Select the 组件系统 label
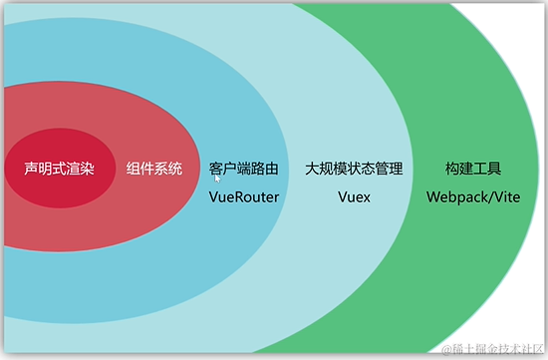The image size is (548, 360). (154, 170)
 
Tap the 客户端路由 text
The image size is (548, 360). (243, 170)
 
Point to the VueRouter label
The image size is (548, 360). (243, 197)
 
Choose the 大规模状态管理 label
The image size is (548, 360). (355, 170)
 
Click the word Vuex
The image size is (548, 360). (354, 197)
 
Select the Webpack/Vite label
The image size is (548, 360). (473, 197)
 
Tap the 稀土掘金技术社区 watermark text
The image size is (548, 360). (494, 348)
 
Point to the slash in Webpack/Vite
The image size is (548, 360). (487, 197)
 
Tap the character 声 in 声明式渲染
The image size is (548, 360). (32, 170)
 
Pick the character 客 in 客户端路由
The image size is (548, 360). (216, 170)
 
